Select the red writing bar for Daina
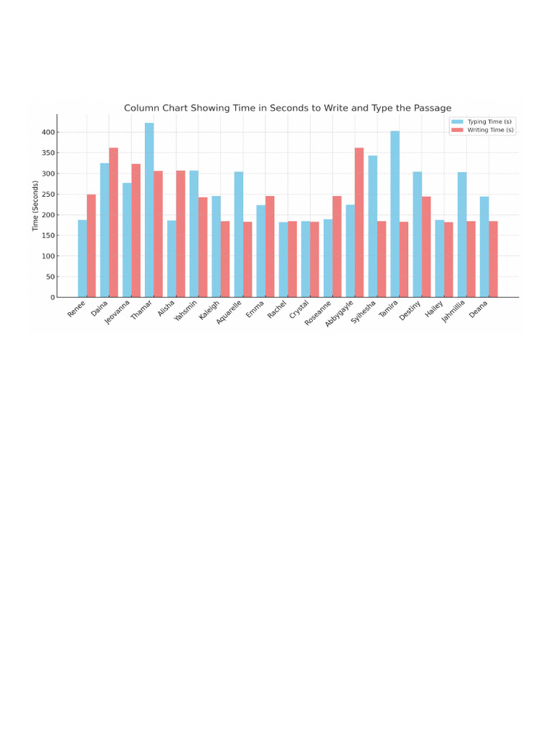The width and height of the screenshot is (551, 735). coord(113,223)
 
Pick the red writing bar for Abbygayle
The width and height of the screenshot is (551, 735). coord(359,223)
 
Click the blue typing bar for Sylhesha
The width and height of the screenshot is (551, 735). coord(372,226)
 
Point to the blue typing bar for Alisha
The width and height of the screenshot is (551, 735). coord(171,258)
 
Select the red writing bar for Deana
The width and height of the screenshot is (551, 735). coord(494,259)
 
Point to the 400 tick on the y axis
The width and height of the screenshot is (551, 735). coord(48,132)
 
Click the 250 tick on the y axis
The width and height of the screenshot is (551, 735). coord(48,195)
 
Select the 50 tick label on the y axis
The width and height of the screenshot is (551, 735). coord(50,277)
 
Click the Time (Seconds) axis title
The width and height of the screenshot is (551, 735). coord(36,205)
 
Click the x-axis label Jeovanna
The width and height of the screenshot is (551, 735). coord(118,312)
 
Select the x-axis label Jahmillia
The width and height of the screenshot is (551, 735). coord(454,312)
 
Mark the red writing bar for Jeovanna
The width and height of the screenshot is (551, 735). coord(136,230)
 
